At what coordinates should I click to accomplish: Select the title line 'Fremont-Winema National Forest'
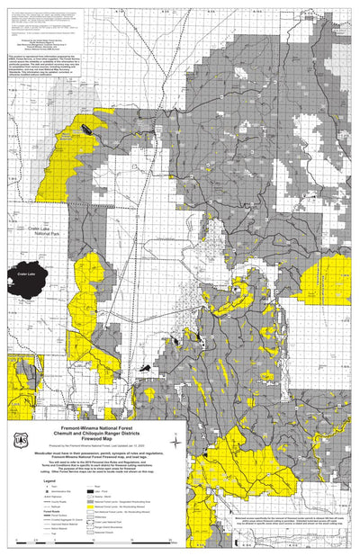coord(95,426)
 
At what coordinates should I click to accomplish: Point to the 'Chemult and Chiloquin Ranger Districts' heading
coord(95,433)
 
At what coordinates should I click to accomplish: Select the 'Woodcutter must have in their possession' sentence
coord(95,453)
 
